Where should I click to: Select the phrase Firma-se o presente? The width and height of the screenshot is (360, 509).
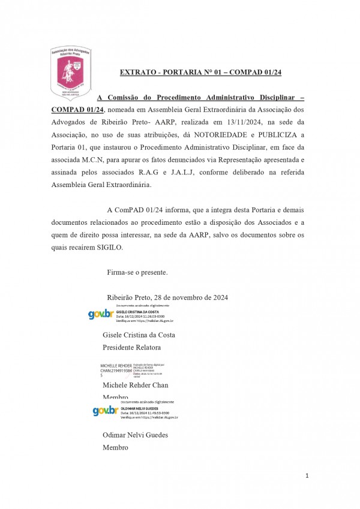click(137, 273)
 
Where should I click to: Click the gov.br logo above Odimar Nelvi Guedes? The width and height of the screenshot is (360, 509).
click(105, 411)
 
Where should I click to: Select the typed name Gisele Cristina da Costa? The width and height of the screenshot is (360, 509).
click(139, 335)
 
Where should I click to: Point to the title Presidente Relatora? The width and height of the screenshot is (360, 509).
click(132, 347)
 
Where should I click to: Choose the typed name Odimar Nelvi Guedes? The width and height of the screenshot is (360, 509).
click(136, 435)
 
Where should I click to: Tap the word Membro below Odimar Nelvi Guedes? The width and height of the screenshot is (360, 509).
click(115, 448)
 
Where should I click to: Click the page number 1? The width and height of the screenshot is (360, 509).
click(307, 476)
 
